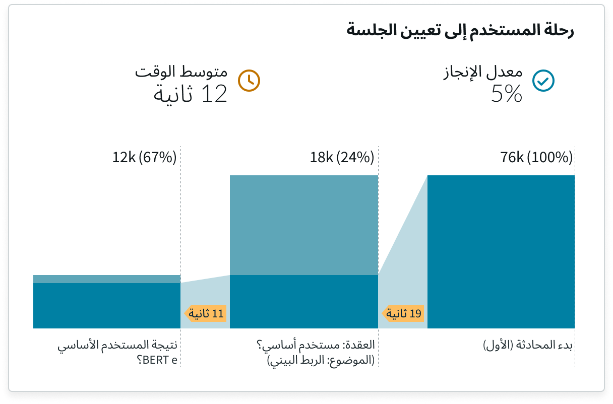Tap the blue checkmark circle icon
point(543,80)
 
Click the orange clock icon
point(249,80)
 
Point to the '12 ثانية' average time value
point(191,94)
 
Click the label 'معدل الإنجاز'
point(483,74)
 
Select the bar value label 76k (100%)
point(536,158)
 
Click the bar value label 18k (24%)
point(342,158)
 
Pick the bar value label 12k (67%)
point(144,158)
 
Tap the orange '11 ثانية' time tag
point(207,314)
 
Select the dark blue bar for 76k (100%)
point(501,252)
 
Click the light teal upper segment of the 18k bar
point(304,225)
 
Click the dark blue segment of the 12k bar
point(107,305)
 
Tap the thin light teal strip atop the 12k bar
point(107,279)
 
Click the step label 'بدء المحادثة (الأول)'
point(528,346)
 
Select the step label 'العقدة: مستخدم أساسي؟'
point(316,346)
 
